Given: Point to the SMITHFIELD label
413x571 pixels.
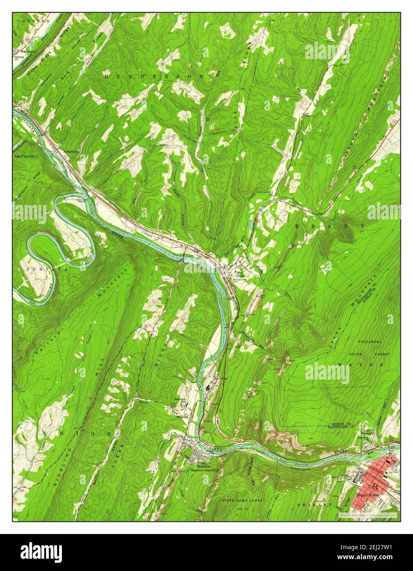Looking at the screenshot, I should point(25,157).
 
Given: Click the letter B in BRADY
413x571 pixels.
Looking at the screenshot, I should point(299,226).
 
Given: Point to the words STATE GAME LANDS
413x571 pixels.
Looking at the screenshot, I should point(242,501).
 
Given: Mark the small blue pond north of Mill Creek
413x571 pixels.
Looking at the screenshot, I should point(251,225).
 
